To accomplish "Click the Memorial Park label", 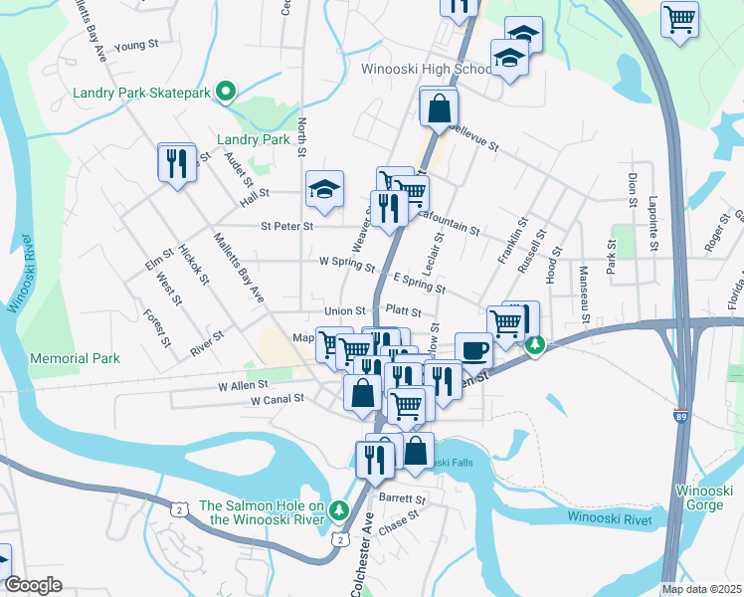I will (x=76, y=358).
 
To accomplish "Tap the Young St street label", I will (x=137, y=46).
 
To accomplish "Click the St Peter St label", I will (x=286, y=226).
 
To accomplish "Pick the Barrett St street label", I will (x=402, y=498).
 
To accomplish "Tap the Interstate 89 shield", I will (x=681, y=418).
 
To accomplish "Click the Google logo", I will (x=34, y=585).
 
